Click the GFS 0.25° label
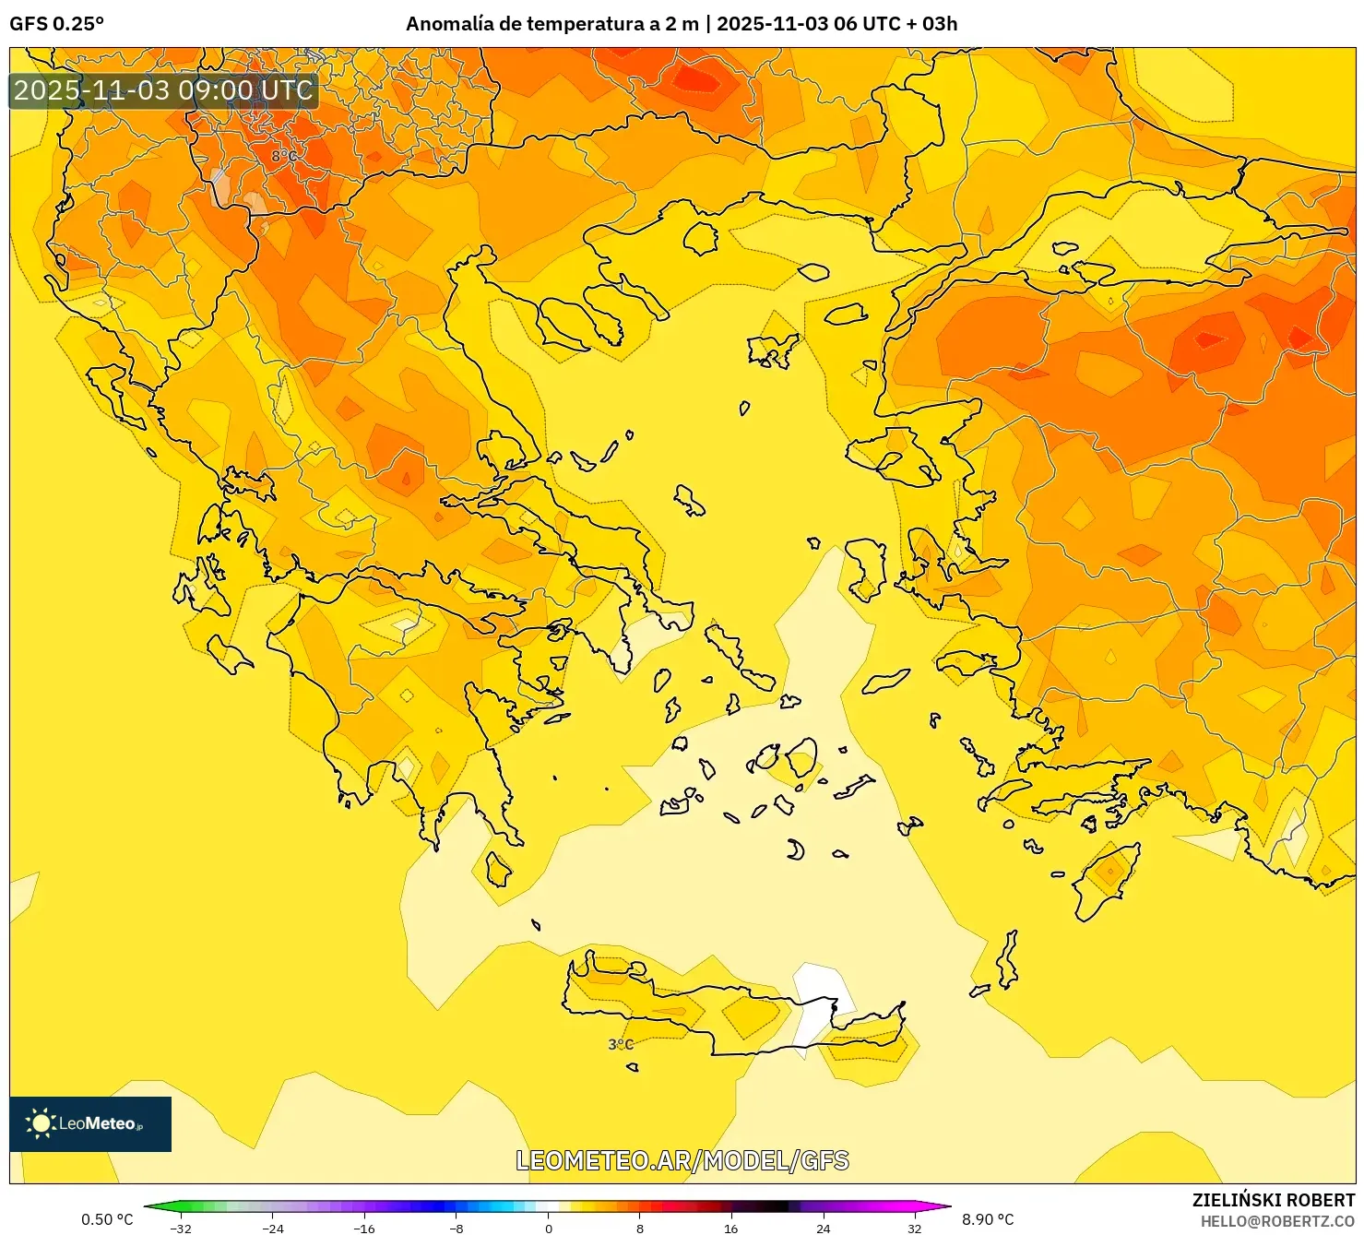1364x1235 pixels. click(56, 24)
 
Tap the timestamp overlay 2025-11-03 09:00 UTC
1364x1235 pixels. click(163, 90)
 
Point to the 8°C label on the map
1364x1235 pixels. click(284, 156)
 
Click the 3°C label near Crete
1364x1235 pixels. click(621, 1044)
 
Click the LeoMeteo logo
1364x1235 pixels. click(90, 1123)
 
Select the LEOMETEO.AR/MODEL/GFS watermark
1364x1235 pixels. click(682, 1160)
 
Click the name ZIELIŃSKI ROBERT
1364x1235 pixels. click(1273, 1200)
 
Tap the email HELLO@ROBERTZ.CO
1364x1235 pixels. click(1276, 1221)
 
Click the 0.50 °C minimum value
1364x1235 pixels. click(107, 1219)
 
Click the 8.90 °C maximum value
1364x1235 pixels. click(988, 1219)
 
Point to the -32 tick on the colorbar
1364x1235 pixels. click(181, 1228)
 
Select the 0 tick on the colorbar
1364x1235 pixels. click(548, 1228)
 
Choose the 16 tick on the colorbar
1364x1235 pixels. click(730, 1228)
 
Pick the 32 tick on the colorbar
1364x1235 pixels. click(914, 1228)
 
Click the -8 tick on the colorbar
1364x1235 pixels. click(457, 1228)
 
